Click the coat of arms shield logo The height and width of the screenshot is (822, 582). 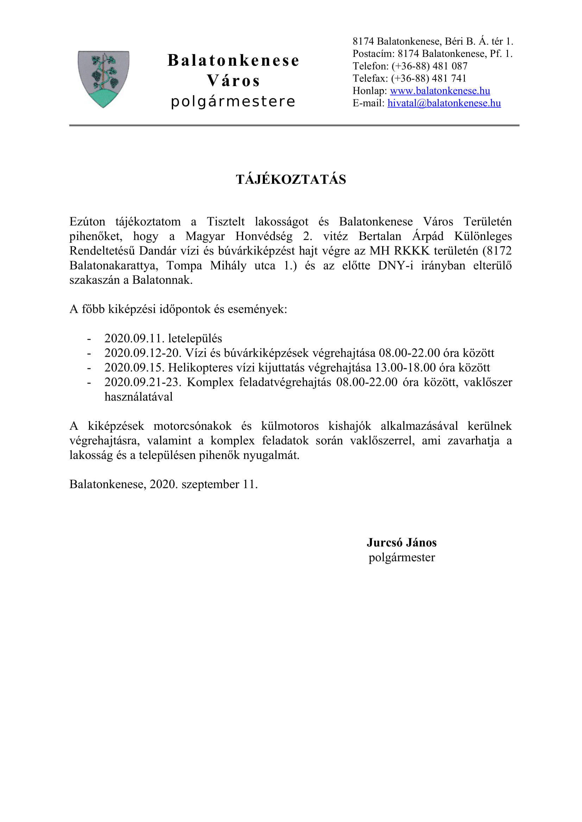[103, 79]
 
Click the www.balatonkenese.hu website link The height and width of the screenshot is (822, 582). [440, 91]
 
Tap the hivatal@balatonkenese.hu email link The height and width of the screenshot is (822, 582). [444, 103]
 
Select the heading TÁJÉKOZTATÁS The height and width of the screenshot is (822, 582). [291, 179]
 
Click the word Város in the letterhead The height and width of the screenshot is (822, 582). [233, 81]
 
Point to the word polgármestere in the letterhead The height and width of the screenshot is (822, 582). [233, 102]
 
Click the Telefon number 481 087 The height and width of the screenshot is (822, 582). [450, 66]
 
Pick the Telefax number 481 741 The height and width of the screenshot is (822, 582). [449, 78]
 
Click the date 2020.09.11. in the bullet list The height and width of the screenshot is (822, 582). [134, 338]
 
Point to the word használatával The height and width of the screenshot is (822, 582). [139, 397]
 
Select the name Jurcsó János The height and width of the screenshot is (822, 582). [401, 542]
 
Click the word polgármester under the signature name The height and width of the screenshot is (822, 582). [401, 557]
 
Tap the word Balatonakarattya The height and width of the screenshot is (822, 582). [114, 266]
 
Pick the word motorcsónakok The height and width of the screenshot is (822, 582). [192, 426]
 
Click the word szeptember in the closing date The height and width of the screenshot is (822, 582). [210, 484]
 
